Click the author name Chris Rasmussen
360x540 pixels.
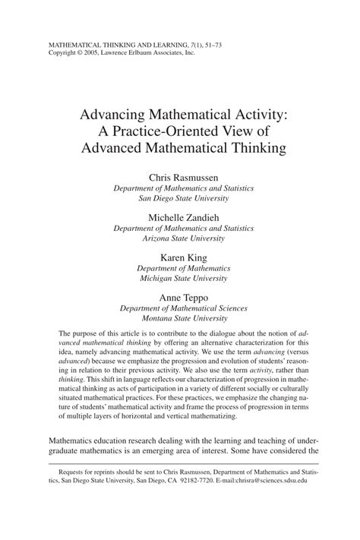tap(179, 176)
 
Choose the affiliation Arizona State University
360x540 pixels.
tap(179, 238)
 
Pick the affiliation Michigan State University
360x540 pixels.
tap(179, 278)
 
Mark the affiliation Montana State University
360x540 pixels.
tap(179, 318)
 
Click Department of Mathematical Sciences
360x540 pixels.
tap(179, 308)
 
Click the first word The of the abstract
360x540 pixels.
tap(65, 335)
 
